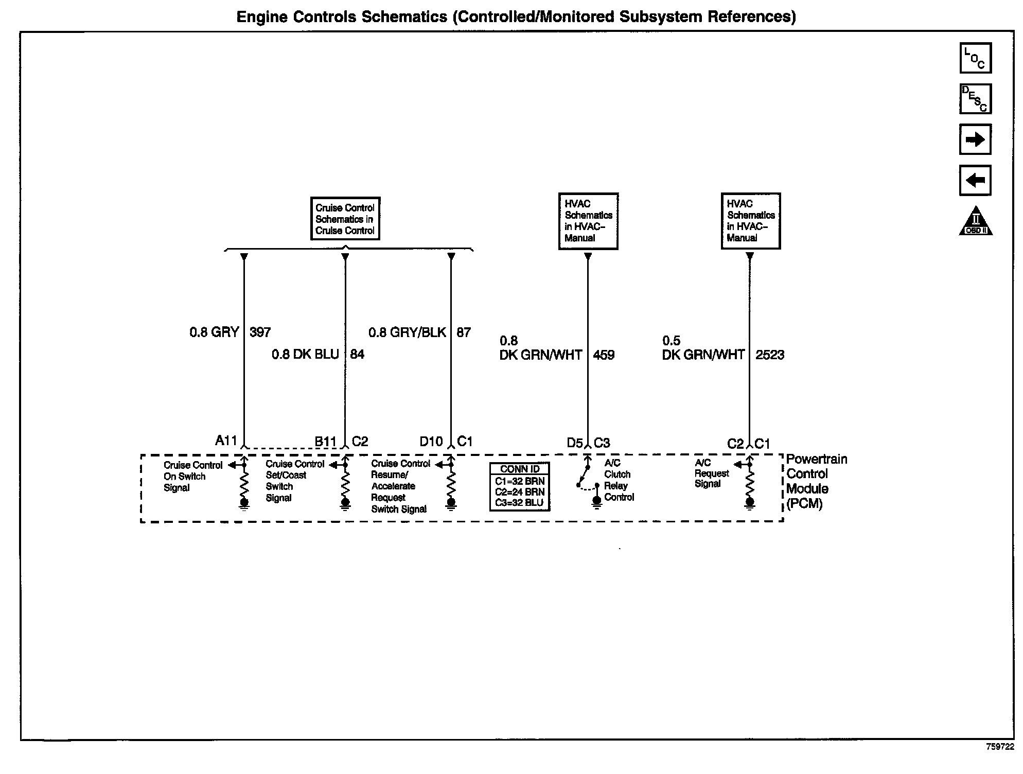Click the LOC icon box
(x=975, y=58)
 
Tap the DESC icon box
(x=975, y=99)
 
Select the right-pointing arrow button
(x=975, y=139)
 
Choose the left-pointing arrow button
(x=975, y=180)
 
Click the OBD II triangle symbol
(x=976, y=222)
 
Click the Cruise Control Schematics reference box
(x=345, y=219)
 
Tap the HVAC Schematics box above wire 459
(x=588, y=221)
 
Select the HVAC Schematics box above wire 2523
(x=751, y=221)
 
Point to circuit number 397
(x=260, y=332)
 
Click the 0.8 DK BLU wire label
(x=305, y=355)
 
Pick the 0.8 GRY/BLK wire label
(x=407, y=332)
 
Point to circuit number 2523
(x=770, y=355)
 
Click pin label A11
(x=226, y=441)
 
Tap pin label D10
(x=431, y=442)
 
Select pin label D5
(x=575, y=443)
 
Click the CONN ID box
(x=520, y=486)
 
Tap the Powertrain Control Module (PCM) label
(x=816, y=481)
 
